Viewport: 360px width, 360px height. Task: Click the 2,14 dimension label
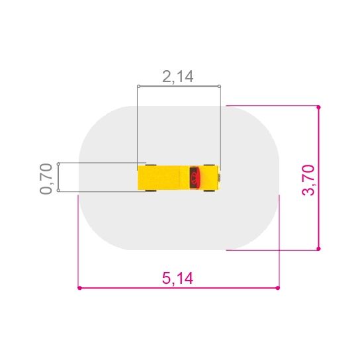tap(178, 77)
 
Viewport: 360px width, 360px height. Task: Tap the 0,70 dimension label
tap(46, 179)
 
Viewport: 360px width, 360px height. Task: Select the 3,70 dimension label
tap(308, 180)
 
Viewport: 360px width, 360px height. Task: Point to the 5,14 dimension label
tap(177, 278)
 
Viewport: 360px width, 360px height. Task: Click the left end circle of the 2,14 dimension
tap(139, 86)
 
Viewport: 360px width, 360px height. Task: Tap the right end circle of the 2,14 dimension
tap(219, 86)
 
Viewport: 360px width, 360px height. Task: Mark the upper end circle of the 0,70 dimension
tap(58, 164)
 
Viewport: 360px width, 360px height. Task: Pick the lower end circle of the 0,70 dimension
tap(58, 191)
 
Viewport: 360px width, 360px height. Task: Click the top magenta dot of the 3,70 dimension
tap(318, 107)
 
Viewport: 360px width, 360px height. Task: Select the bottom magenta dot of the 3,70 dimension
tap(318, 248)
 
